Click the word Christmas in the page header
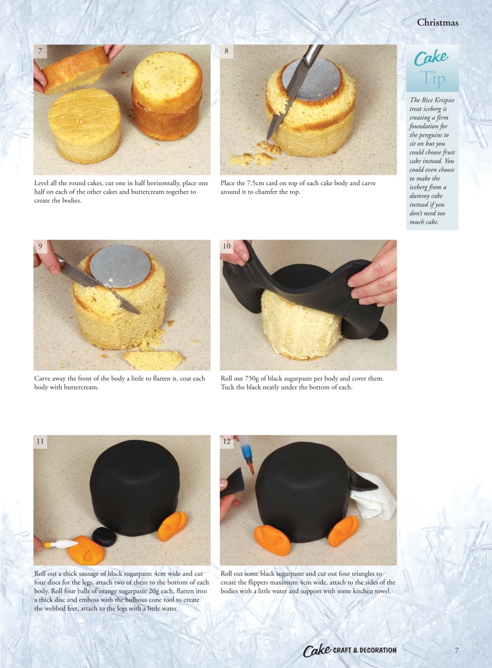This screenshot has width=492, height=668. coord(437,22)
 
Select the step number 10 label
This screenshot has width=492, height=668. coord(226,246)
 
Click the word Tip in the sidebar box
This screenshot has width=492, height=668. coord(433,79)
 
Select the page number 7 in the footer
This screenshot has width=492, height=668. coord(457,650)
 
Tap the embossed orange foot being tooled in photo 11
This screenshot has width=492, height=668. coord(86,550)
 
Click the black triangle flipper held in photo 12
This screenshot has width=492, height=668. coord(233,482)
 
